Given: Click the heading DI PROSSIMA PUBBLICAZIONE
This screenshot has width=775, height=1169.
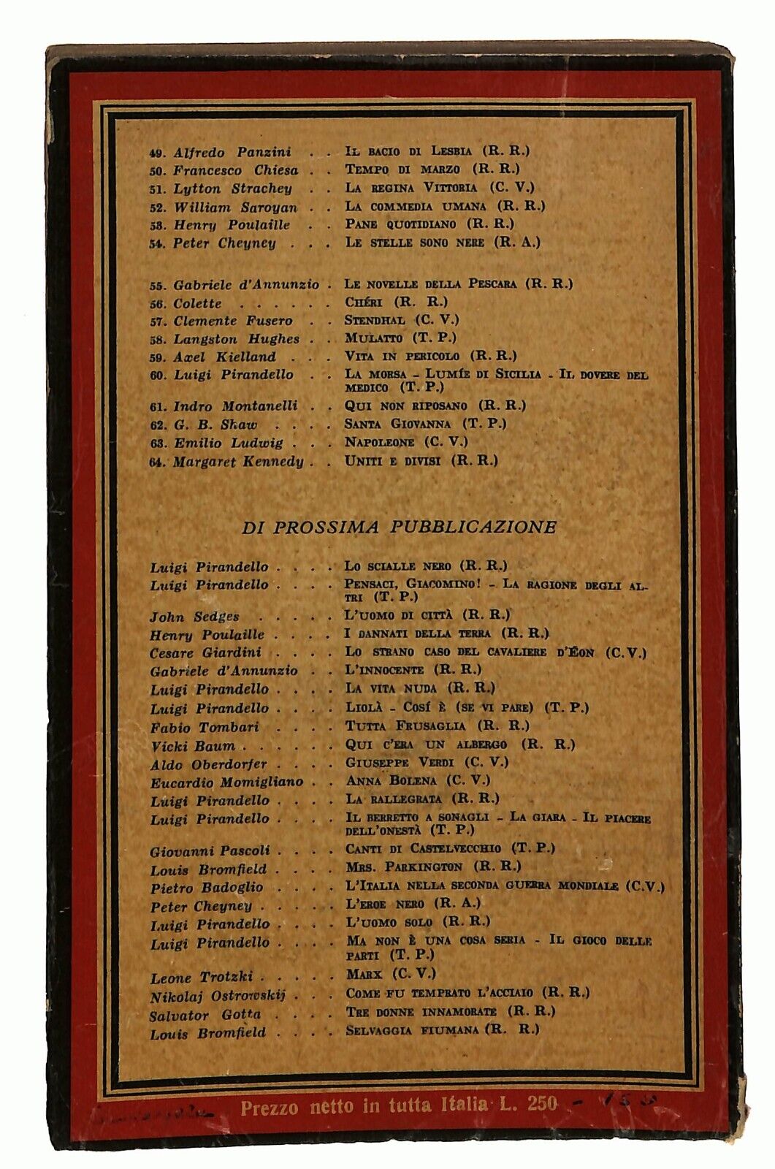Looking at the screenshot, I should [x=399, y=528].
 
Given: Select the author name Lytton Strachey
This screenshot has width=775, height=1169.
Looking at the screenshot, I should [x=232, y=189].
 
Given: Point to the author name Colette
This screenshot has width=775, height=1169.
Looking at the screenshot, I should [x=197, y=303].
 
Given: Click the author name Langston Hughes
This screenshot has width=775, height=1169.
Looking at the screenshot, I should [x=236, y=339].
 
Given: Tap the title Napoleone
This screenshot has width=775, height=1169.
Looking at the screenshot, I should [x=380, y=442].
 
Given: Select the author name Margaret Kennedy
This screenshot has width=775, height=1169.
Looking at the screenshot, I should [x=238, y=462].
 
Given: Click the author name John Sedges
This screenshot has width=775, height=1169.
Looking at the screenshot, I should [x=194, y=617].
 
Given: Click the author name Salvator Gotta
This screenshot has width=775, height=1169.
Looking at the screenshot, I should [x=205, y=1016].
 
